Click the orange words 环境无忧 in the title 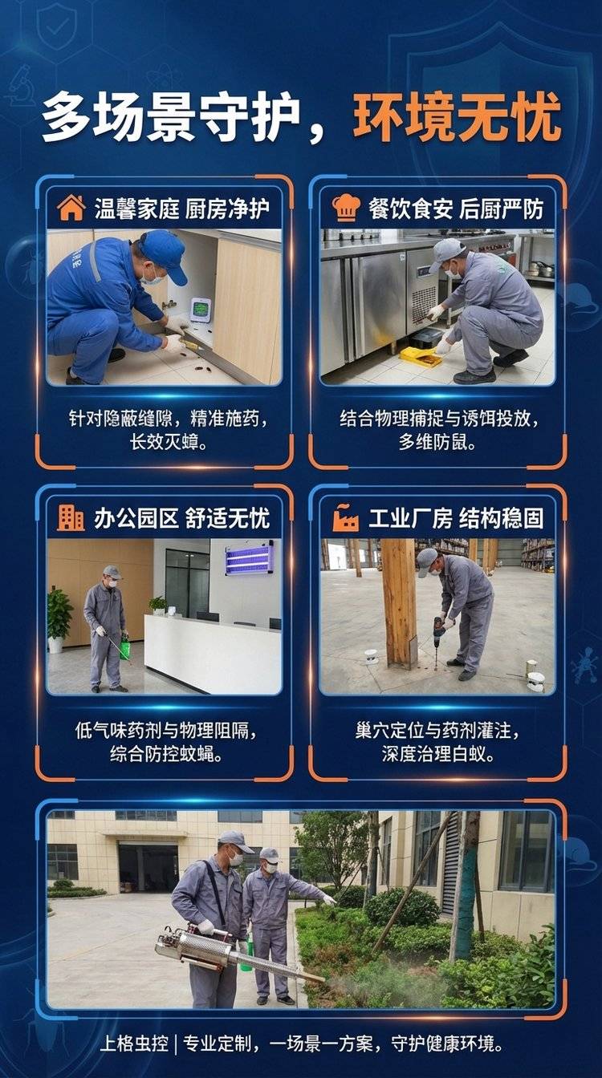coord(458,117)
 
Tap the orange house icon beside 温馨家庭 coord(71,208)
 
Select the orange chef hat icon coord(346,208)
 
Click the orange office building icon coord(71,518)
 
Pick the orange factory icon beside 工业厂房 coord(345,518)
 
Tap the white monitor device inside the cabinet coord(201,310)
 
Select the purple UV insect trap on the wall coord(249,557)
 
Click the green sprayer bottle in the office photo coord(124,646)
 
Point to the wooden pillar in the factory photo coord(399,603)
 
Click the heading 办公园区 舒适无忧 coord(181,518)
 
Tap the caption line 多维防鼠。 coord(437,442)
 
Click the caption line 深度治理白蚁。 coord(437,754)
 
